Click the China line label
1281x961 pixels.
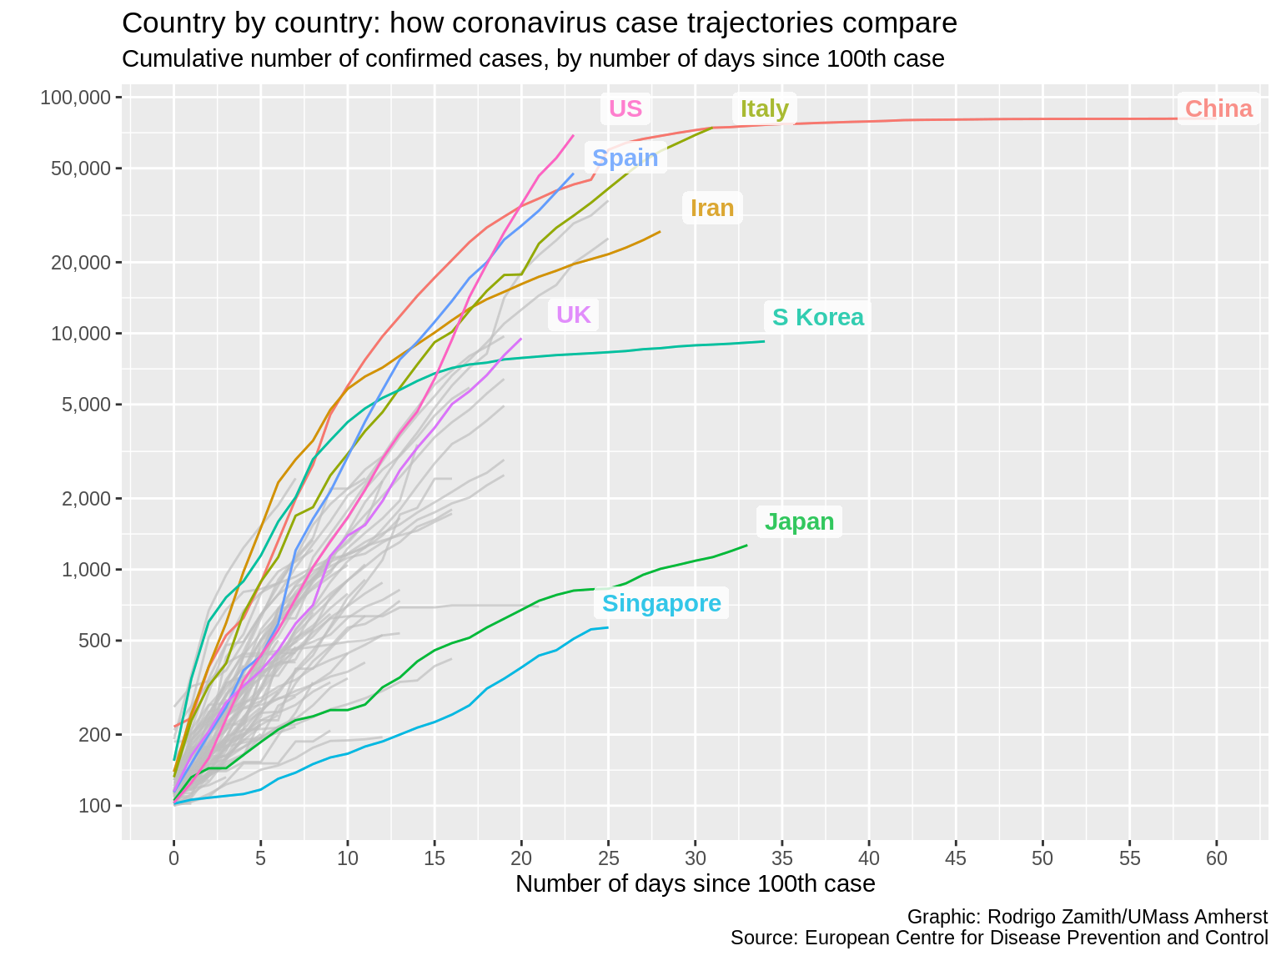coord(1218,108)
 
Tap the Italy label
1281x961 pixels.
coord(764,108)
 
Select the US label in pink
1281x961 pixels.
coord(625,108)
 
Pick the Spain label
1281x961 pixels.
coord(625,158)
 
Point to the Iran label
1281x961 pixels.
coord(712,208)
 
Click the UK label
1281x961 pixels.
coord(573,314)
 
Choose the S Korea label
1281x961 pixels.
coord(817,317)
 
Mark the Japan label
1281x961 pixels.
coord(799,521)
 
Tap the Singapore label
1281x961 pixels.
coord(661,603)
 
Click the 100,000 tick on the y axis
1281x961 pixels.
coord(76,98)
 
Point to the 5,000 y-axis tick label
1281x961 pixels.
coord(87,405)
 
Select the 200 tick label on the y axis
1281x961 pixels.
coord(94,734)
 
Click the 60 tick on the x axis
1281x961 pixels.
coord(1217,858)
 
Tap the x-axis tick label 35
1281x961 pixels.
coord(781,858)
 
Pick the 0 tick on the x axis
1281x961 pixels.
coord(173,858)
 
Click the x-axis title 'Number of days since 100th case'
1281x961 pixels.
coord(695,884)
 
